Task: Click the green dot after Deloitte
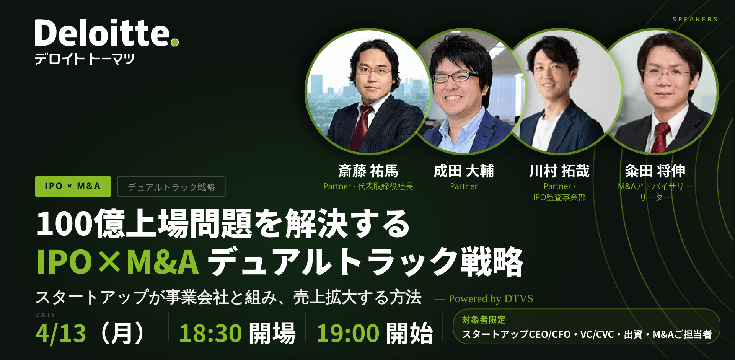pyautogui.click(x=175, y=42)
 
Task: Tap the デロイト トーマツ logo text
pyautogui.click(x=85, y=59)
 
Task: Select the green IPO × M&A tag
pyautogui.click(x=73, y=186)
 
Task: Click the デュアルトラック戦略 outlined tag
pyautogui.click(x=171, y=187)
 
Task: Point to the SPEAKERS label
pyautogui.click(x=695, y=19)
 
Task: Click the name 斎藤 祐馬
pyautogui.click(x=368, y=171)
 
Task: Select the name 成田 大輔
pyautogui.click(x=464, y=171)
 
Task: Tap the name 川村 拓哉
pyautogui.click(x=559, y=171)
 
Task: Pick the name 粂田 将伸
pyautogui.click(x=655, y=171)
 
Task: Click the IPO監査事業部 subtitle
pyautogui.click(x=559, y=197)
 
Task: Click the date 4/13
pyautogui.click(x=61, y=333)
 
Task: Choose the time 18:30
pyautogui.click(x=210, y=333)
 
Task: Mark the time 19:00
pyautogui.click(x=348, y=333)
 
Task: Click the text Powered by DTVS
pyautogui.click(x=491, y=299)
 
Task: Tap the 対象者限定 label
pyautogui.click(x=484, y=320)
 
